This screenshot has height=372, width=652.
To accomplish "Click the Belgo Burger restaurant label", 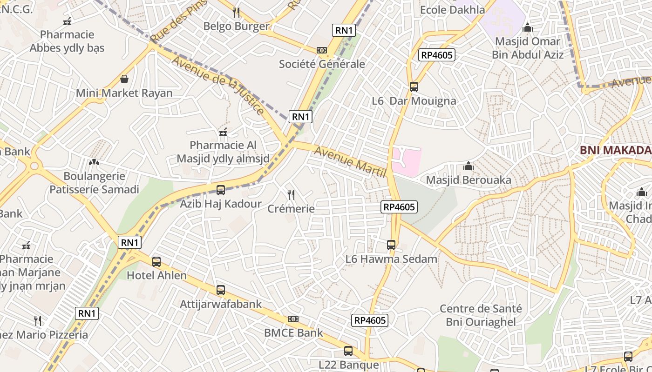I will tap(236, 26).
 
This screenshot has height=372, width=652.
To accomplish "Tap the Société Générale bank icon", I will tap(321, 50).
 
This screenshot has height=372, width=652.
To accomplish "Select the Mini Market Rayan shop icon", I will tap(124, 79).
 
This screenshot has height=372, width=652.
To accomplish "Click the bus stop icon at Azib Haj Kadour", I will tap(221, 190).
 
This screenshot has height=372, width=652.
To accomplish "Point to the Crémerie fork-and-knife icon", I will tap(291, 195).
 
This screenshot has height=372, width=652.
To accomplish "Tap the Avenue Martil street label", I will tap(351, 162).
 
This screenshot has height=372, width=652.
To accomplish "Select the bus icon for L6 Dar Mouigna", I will tap(414, 86).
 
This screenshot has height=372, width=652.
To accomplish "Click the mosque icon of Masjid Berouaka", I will tap(469, 166).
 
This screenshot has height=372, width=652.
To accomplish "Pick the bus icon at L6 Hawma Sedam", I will tap(391, 245).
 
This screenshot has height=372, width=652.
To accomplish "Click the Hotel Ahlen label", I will tap(157, 275).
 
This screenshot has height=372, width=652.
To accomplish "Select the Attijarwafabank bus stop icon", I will tap(221, 290).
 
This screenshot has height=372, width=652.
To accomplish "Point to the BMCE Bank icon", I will tap(293, 319).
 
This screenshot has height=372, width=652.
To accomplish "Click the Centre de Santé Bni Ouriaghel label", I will tap(481, 315).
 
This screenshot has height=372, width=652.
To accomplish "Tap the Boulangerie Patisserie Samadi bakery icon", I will tap(94, 162).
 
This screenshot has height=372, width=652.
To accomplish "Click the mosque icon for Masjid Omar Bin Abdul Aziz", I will tap(528, 28).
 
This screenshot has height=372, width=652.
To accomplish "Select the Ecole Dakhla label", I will tap(452, 10).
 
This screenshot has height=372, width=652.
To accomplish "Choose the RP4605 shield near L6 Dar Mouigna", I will tap(436, 55).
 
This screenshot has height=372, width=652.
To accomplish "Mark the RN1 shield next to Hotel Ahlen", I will tap(129, 242).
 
